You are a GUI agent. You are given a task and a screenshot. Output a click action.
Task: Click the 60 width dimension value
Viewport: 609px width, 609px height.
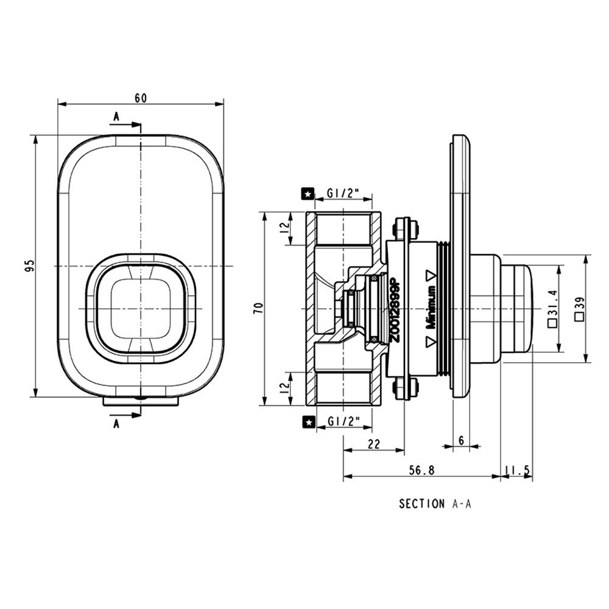pos(141,98)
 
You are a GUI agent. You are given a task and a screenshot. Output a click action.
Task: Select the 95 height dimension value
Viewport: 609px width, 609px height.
pos(30,266)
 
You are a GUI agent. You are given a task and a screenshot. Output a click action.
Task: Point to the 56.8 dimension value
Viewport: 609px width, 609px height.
pos(422,470)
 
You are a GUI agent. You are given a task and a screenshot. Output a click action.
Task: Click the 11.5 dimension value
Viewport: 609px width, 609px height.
pos(517,470)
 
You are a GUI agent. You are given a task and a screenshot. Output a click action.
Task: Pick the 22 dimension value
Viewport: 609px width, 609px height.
pos(374,444)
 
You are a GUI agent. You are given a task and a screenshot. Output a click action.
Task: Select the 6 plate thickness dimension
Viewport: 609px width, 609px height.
pos(462,440)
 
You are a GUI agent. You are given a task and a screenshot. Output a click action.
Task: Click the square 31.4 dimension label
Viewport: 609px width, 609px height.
pos(553,309)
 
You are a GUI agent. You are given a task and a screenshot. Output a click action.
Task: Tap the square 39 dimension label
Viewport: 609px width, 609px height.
pos(580,309)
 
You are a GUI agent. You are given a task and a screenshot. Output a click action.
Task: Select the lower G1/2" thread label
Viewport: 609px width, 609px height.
pos(343,421)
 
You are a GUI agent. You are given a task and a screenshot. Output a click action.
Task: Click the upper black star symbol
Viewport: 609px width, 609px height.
pos(308,194)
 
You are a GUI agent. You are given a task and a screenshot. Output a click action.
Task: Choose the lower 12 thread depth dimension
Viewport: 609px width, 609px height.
pos(286,387)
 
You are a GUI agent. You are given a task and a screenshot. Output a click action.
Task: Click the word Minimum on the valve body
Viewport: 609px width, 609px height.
pos(431,308)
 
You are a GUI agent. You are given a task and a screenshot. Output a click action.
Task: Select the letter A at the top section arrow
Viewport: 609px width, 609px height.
pos(116,116)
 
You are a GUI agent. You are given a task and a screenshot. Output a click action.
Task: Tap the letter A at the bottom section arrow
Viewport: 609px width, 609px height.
pos(116,424)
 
